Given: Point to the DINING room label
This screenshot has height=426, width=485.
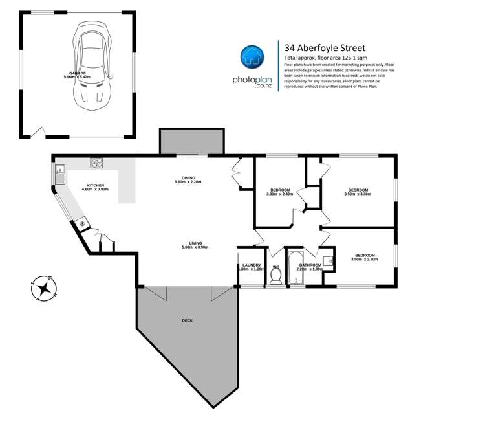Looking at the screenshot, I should [x=188, y=179].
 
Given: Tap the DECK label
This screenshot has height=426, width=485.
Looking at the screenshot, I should [x=187, y=320].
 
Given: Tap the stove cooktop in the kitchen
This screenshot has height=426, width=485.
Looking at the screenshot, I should [x=97, y=163].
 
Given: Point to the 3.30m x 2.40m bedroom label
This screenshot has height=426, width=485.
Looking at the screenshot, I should [x=279, y=191].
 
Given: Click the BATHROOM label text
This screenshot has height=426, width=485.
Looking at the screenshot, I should [x=310, y=265].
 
